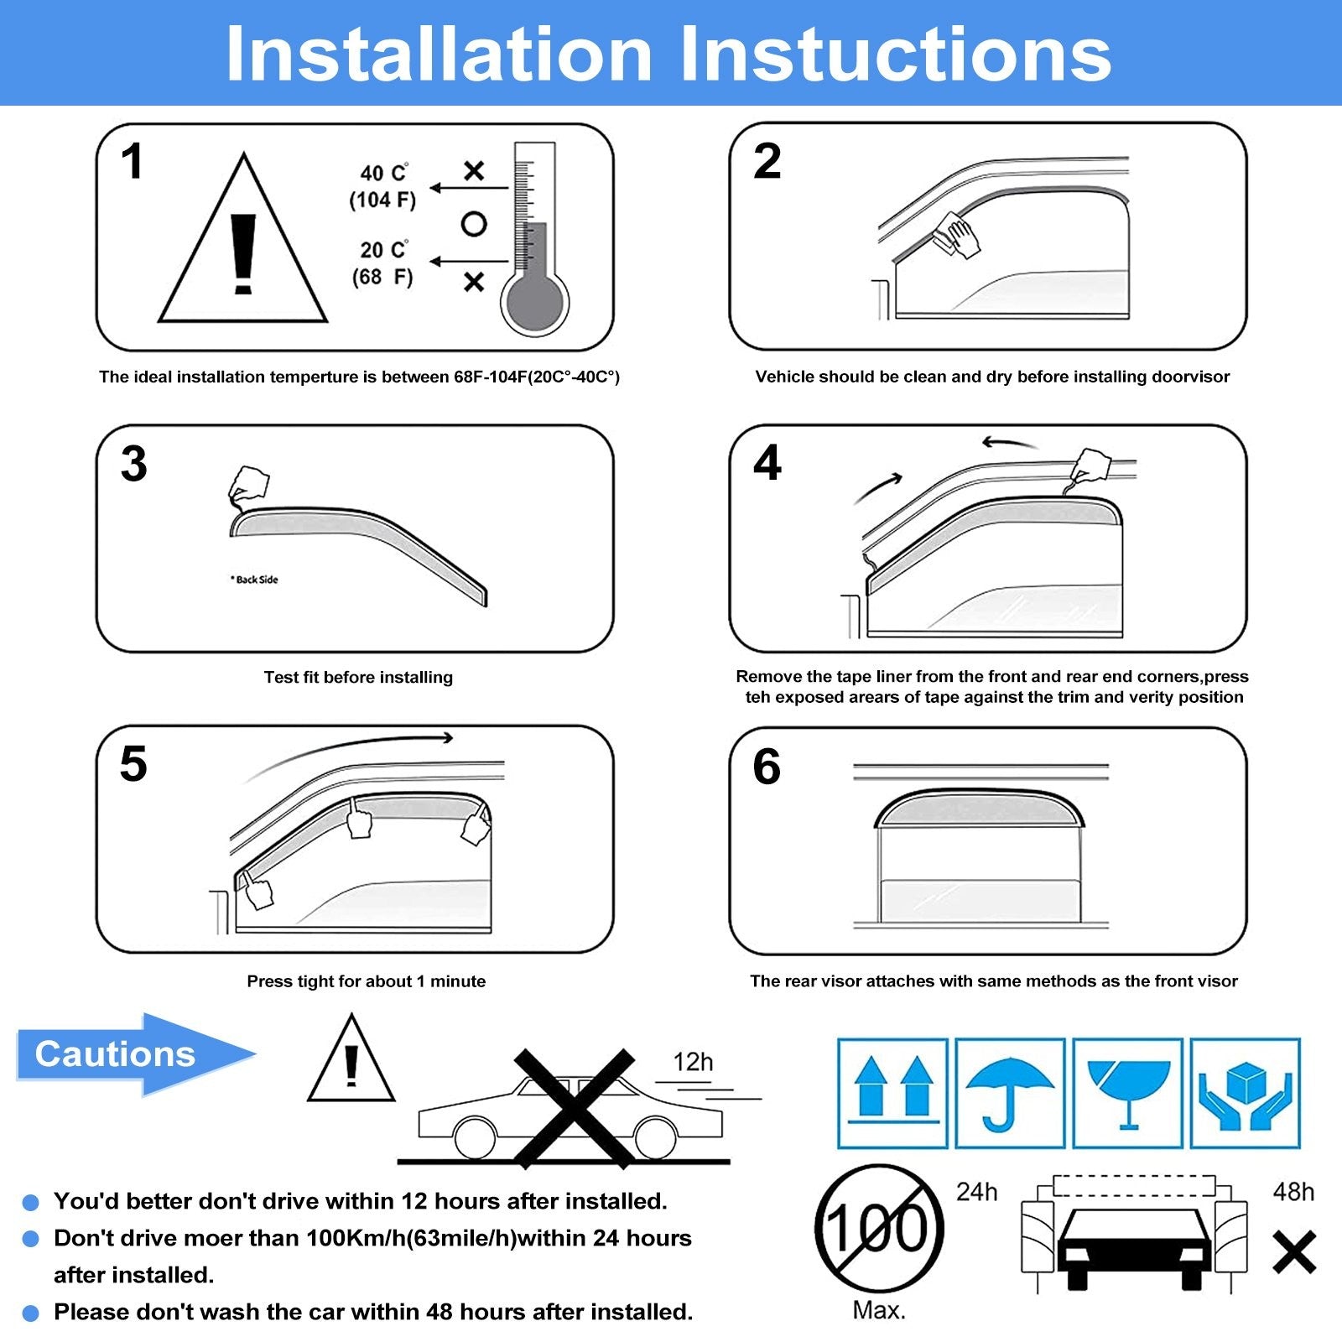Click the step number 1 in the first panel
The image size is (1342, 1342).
[x=133, y=161]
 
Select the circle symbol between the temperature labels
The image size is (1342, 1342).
[x=474, y=224]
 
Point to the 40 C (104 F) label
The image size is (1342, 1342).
[x=383, y=186]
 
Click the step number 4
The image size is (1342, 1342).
[x=767, y=463]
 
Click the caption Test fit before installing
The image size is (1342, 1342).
[x=358, y=677]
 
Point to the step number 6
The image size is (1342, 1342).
[x=766, y=767]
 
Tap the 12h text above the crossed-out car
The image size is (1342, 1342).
[x=693, y=1062]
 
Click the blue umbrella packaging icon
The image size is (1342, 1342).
[x=1010, y=1093]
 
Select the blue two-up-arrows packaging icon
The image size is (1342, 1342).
[x=892, y=1093]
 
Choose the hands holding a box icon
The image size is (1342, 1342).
[x=1245, y=1093]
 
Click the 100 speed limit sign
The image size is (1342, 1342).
[x=878, y=1229]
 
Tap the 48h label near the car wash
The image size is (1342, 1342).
[x=1293, y=1192]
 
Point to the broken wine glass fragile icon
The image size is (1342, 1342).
[x=1127, y=1093]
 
